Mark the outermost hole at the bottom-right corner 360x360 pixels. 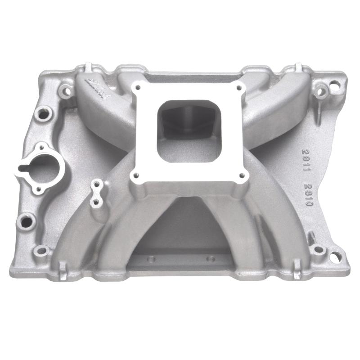[x=334, y=257]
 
